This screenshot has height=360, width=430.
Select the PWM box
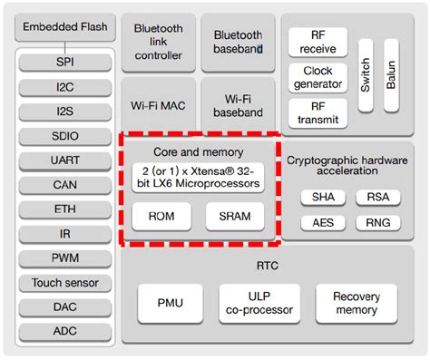(x=64, y=258)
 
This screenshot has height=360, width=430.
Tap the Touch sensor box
(x=64, y=282)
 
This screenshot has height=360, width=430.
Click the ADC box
(x=64, y=330)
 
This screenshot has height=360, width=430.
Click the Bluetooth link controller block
(x=158, y=42)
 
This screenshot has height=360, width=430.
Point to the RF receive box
(x=318, y=43)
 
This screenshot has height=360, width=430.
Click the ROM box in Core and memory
(x=161, y=216)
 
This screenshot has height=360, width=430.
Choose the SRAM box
(x=234, y=216)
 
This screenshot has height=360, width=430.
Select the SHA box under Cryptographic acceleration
(x=323, y=197)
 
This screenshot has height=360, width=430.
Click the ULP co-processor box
(x=259, y=303)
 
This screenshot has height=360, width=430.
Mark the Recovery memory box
(x=356, y=303)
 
